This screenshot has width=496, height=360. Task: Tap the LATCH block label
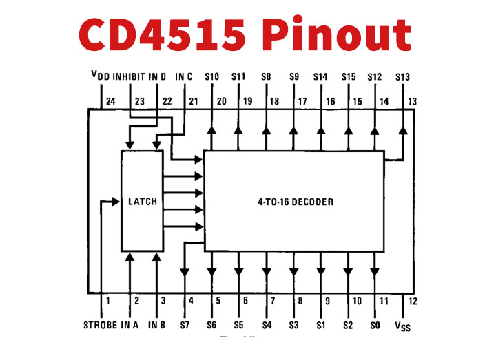[x=143, y=202]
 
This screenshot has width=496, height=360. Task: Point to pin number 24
[x=110, y=102]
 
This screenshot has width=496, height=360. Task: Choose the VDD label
[x=101, y=76]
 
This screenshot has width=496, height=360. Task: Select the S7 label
[x=185, y=324]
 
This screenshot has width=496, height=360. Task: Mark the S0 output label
[x=375, y=324]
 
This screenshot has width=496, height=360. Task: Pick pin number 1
[x=108, y=301]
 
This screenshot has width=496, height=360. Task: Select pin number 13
[x=413, y=102]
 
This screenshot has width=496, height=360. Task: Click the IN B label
[x=158, y=324]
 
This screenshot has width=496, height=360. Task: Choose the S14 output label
[x=320, y=76]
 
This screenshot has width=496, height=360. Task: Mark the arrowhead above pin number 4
[x=185, y=271]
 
